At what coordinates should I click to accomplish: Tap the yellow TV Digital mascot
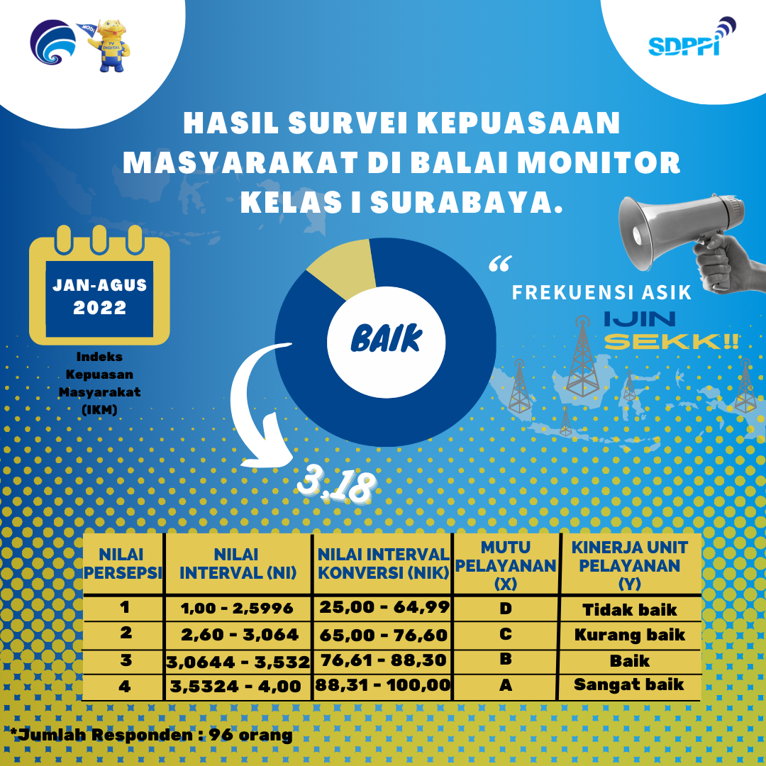109,46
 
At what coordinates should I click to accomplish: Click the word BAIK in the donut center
386,338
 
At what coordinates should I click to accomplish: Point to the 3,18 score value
337,486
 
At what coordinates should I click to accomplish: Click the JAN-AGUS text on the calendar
100,285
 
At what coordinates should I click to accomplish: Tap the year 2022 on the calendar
100,308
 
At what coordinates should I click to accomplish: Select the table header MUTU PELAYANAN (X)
506,565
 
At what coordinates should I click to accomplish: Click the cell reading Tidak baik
630,610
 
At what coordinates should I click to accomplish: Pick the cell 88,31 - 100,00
382,685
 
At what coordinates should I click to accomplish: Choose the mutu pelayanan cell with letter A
506,685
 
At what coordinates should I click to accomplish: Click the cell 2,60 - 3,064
240,635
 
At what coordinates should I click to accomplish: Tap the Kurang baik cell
630,635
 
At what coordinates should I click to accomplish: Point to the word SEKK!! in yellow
671,341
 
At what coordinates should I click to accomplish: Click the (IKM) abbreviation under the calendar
100,409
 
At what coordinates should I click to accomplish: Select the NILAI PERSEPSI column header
122,564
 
